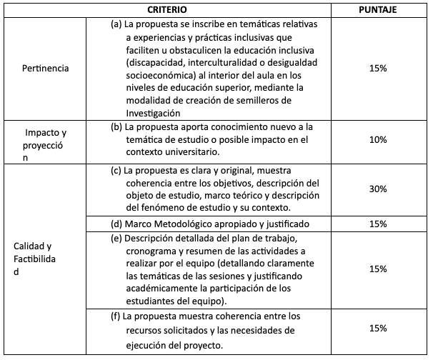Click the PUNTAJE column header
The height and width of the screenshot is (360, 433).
pyautogui.click(x=377, y=10)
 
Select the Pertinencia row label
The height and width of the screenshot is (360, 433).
pyautogui.click(x=46, y=68)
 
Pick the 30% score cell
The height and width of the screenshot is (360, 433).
pyautogui.click(x=378, y=189)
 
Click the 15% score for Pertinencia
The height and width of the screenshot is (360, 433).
pyautogui.click(x=378, y=68)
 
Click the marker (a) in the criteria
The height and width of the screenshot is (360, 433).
pyautogui.click(x=116, y=24)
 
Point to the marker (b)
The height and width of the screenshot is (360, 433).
pyautogui.click(x=116, y=126)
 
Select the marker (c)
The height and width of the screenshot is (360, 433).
pyautogui.click(x=116, y=171)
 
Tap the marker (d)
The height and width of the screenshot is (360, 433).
pyautogui.click(x=116, y=224)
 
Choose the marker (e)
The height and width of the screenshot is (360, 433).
pyautogui.click(x=116, y=237)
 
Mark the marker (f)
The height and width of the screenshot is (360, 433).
pyautogui.click(x=116, y=316)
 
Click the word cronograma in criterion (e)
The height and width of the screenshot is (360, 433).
pyautogui.click(x=153, y=250)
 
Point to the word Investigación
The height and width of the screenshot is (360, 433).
pyautogui.click(x=156, y=113)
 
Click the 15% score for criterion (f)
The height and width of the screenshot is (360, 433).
pyautogui.click(x=378, y=329)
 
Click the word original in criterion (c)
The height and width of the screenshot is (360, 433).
pyautogui.click(x=234, y=171)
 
